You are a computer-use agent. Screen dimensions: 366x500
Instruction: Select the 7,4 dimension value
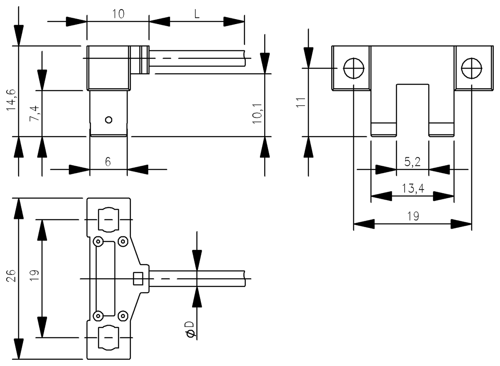35,113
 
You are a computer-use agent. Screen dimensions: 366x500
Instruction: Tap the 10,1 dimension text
257,113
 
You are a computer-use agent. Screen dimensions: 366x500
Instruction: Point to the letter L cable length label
197,14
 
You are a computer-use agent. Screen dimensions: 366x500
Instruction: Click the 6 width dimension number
108,162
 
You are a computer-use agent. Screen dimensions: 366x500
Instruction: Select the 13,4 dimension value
412,189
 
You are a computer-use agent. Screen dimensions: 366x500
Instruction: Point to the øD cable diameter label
190,329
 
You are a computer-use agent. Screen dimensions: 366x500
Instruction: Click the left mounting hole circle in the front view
353,68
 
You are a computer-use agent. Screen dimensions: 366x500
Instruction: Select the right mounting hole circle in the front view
472,68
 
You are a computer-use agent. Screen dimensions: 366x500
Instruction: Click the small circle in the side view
109,120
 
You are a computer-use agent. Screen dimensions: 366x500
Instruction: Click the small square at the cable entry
138,278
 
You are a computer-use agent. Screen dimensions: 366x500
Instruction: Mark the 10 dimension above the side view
118,14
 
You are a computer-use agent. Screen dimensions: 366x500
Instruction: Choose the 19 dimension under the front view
412,217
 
